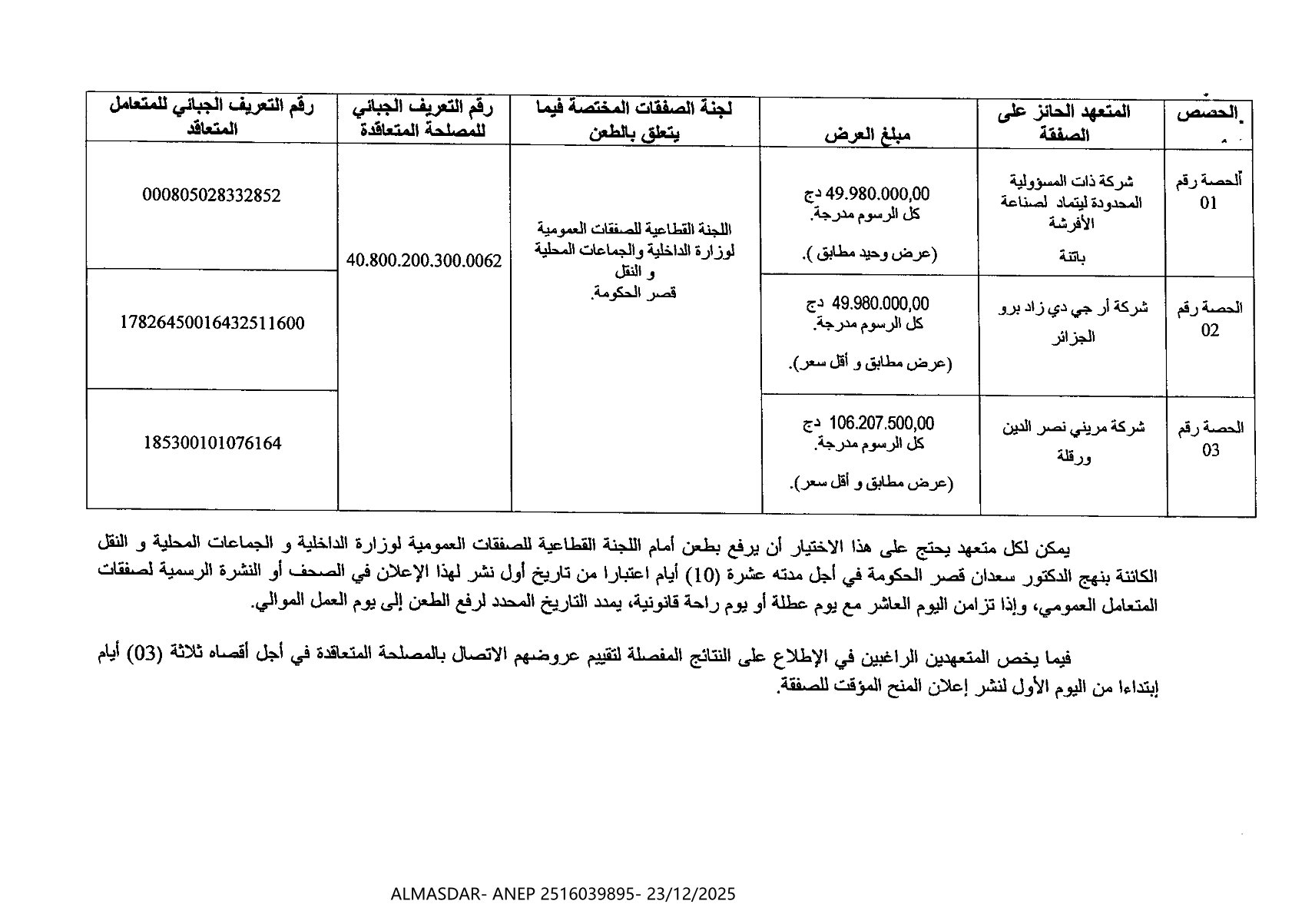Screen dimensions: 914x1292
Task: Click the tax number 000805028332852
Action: point(211,195)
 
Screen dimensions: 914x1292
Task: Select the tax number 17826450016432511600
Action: point(212,323)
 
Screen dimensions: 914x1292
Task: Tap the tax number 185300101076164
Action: point(212,443)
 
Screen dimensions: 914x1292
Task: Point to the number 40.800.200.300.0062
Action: point(423,261)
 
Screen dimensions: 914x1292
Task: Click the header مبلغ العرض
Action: point(867,134)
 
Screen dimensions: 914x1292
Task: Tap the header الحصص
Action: point(1208,113)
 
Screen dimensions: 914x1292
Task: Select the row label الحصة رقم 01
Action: point(1209,191)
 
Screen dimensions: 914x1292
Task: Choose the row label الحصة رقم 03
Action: point(1210,439)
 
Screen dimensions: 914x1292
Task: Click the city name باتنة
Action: point(1072,257)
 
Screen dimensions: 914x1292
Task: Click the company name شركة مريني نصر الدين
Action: point(1073,427)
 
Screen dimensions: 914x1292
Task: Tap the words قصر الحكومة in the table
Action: point(634,293)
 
